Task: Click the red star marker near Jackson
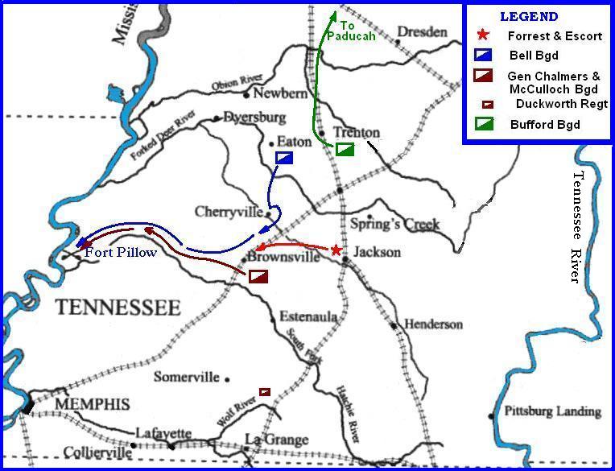(x=336, y=250)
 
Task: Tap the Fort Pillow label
(x=122, y=252)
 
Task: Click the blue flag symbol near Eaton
(x=284, y=158)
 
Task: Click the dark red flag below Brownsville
(x=258, y=276)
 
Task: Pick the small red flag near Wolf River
(x=264, y=391)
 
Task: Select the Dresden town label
(x=421, y=32)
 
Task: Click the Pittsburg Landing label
(x=552, y=411)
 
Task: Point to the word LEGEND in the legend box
(x=528, y=16)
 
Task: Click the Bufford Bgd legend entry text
(x=545, y=124)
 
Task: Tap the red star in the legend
(x=483, y=35)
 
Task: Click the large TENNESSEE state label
(x=118, y=308)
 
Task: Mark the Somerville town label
(x=187, y=376)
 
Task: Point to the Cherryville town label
(x=229, y=212)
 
